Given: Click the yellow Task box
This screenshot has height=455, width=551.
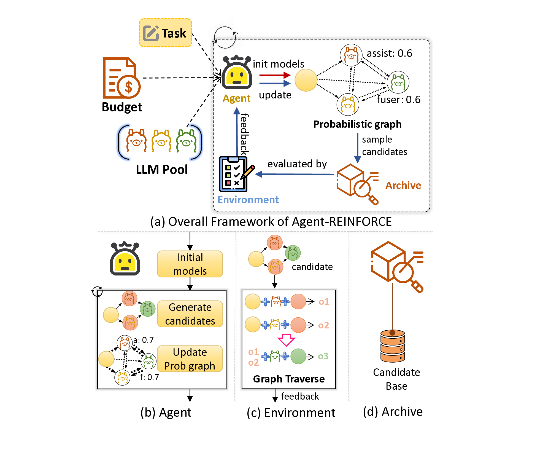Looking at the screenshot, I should click(165, 33).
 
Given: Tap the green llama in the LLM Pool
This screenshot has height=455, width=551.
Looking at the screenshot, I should click(186, 141).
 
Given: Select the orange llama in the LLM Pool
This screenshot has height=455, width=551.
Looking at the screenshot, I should click(136, 141).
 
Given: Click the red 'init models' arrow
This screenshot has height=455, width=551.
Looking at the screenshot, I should click(275, 75).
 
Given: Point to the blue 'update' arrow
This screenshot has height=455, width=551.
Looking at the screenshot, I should click(275, 83).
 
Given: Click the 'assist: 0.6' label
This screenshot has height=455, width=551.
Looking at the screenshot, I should click(389, 53).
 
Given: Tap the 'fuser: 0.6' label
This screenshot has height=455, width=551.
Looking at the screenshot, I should click(398, 100).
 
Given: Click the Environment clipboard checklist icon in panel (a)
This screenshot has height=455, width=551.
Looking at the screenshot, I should click(234, 174).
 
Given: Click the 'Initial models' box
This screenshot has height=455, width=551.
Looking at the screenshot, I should click(190, 264).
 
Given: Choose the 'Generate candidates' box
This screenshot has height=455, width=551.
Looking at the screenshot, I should click(190, 314).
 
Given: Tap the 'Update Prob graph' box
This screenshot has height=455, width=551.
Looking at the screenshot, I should click(190, 359).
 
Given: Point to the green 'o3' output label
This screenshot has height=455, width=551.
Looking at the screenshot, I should click(323, 356).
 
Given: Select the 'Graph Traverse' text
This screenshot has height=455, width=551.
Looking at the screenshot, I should click(289, 379).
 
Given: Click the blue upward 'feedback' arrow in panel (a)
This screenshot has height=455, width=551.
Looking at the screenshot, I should click(237, 132).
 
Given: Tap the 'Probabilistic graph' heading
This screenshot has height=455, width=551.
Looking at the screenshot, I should click(357, 124).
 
